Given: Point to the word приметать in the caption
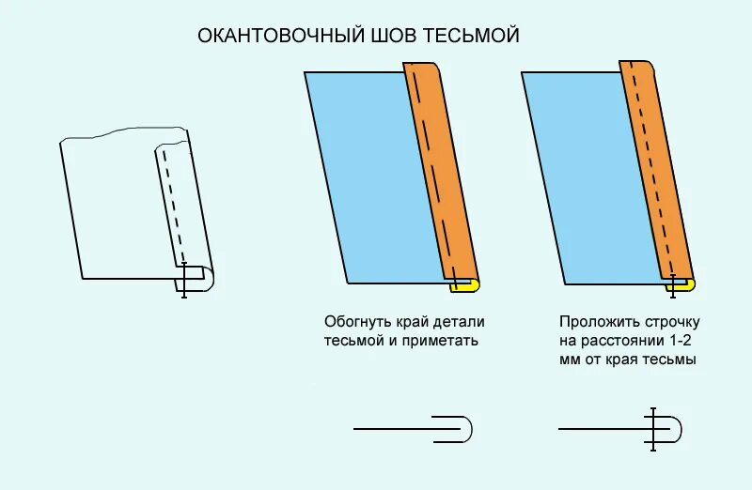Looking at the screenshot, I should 442,340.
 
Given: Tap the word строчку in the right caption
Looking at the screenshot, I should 666,321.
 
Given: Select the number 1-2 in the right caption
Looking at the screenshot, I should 681,340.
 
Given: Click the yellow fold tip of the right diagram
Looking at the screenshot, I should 691,283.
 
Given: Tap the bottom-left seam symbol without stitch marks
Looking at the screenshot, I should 414,429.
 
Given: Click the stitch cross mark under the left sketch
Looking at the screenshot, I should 184,280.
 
